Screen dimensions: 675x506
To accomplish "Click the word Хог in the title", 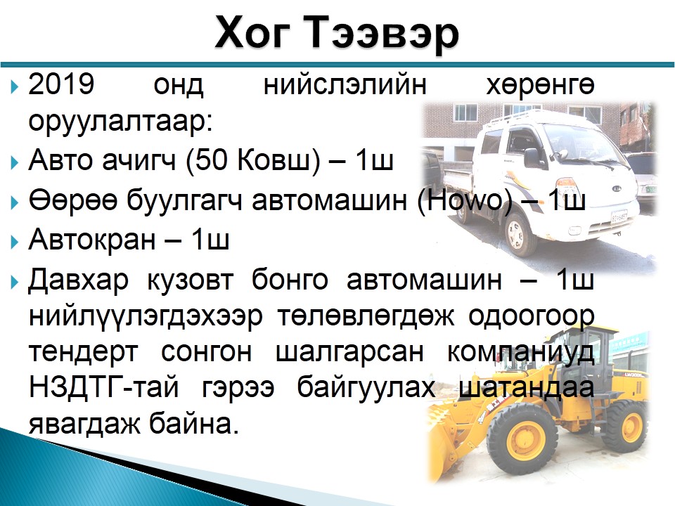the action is (251, 33).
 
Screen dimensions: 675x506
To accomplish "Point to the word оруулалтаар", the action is (120, 122).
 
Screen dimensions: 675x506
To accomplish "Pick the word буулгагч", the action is (184, 200).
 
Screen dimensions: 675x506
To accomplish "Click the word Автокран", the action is (91, 239).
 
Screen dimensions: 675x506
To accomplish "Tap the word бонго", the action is (290, 280).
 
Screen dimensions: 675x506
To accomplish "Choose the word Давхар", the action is (78, 280).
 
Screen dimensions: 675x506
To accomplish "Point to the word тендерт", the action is (84, 352).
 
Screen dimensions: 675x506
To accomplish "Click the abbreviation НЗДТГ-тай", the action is (103, 387).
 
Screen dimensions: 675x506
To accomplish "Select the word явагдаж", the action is (84, 424).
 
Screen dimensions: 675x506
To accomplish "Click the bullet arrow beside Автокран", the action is (15, 242).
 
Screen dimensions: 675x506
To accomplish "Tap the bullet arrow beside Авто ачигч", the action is (15, 162).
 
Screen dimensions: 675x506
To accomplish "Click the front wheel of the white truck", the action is (520, 235).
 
